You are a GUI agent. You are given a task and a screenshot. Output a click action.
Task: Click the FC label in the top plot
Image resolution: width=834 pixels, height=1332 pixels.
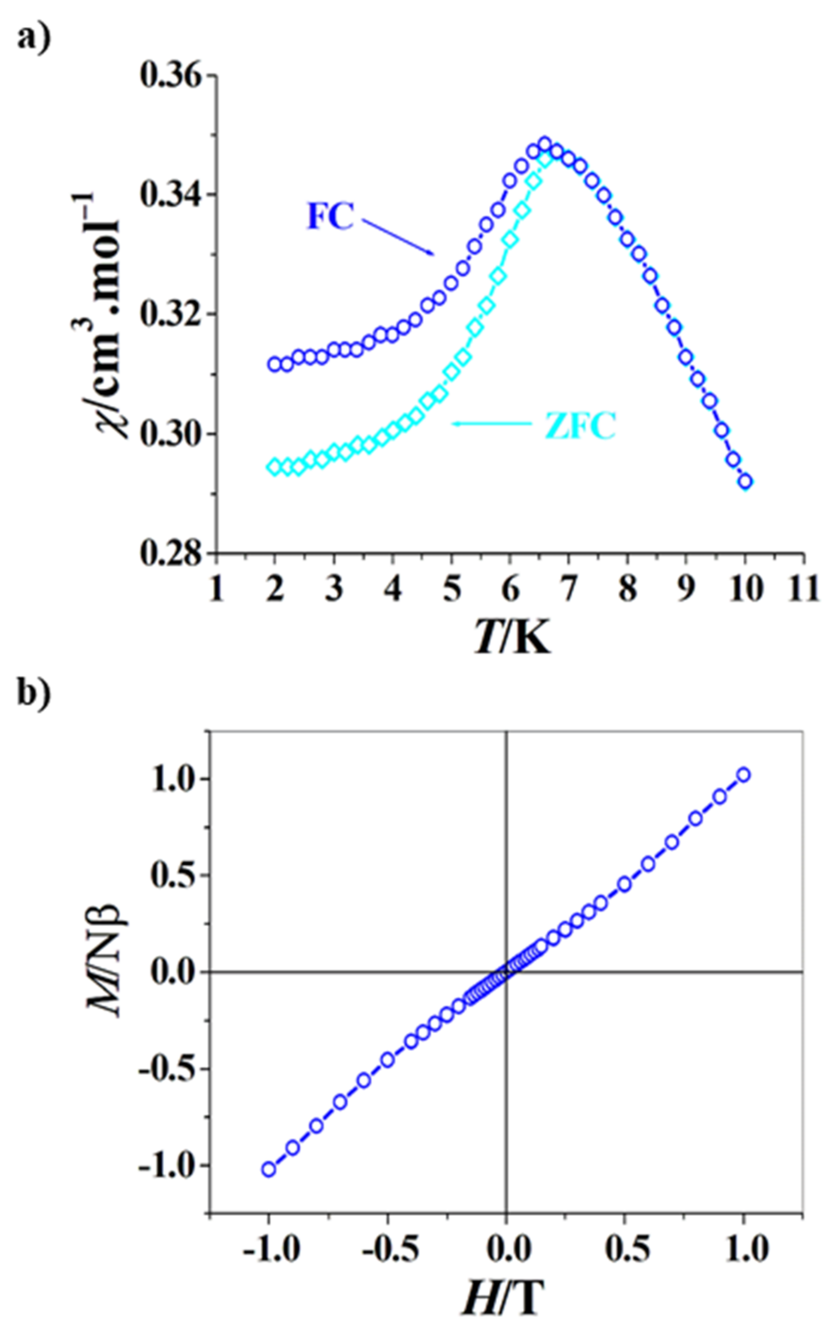330,216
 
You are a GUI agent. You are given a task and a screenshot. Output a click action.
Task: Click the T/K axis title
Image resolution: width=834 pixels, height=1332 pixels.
512,639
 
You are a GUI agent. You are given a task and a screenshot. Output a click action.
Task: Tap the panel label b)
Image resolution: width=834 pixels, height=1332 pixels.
34,692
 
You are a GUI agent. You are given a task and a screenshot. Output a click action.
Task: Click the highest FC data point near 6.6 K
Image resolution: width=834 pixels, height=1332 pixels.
545,144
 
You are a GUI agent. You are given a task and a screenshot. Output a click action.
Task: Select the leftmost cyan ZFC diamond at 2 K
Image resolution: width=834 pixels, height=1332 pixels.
274,467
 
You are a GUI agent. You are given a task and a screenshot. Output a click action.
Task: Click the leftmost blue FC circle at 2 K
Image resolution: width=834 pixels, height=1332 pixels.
274,364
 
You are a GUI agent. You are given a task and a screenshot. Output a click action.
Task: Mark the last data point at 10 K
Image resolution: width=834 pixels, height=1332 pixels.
745,482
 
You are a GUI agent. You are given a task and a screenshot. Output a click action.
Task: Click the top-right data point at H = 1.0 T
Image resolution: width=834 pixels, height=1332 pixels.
744,775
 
